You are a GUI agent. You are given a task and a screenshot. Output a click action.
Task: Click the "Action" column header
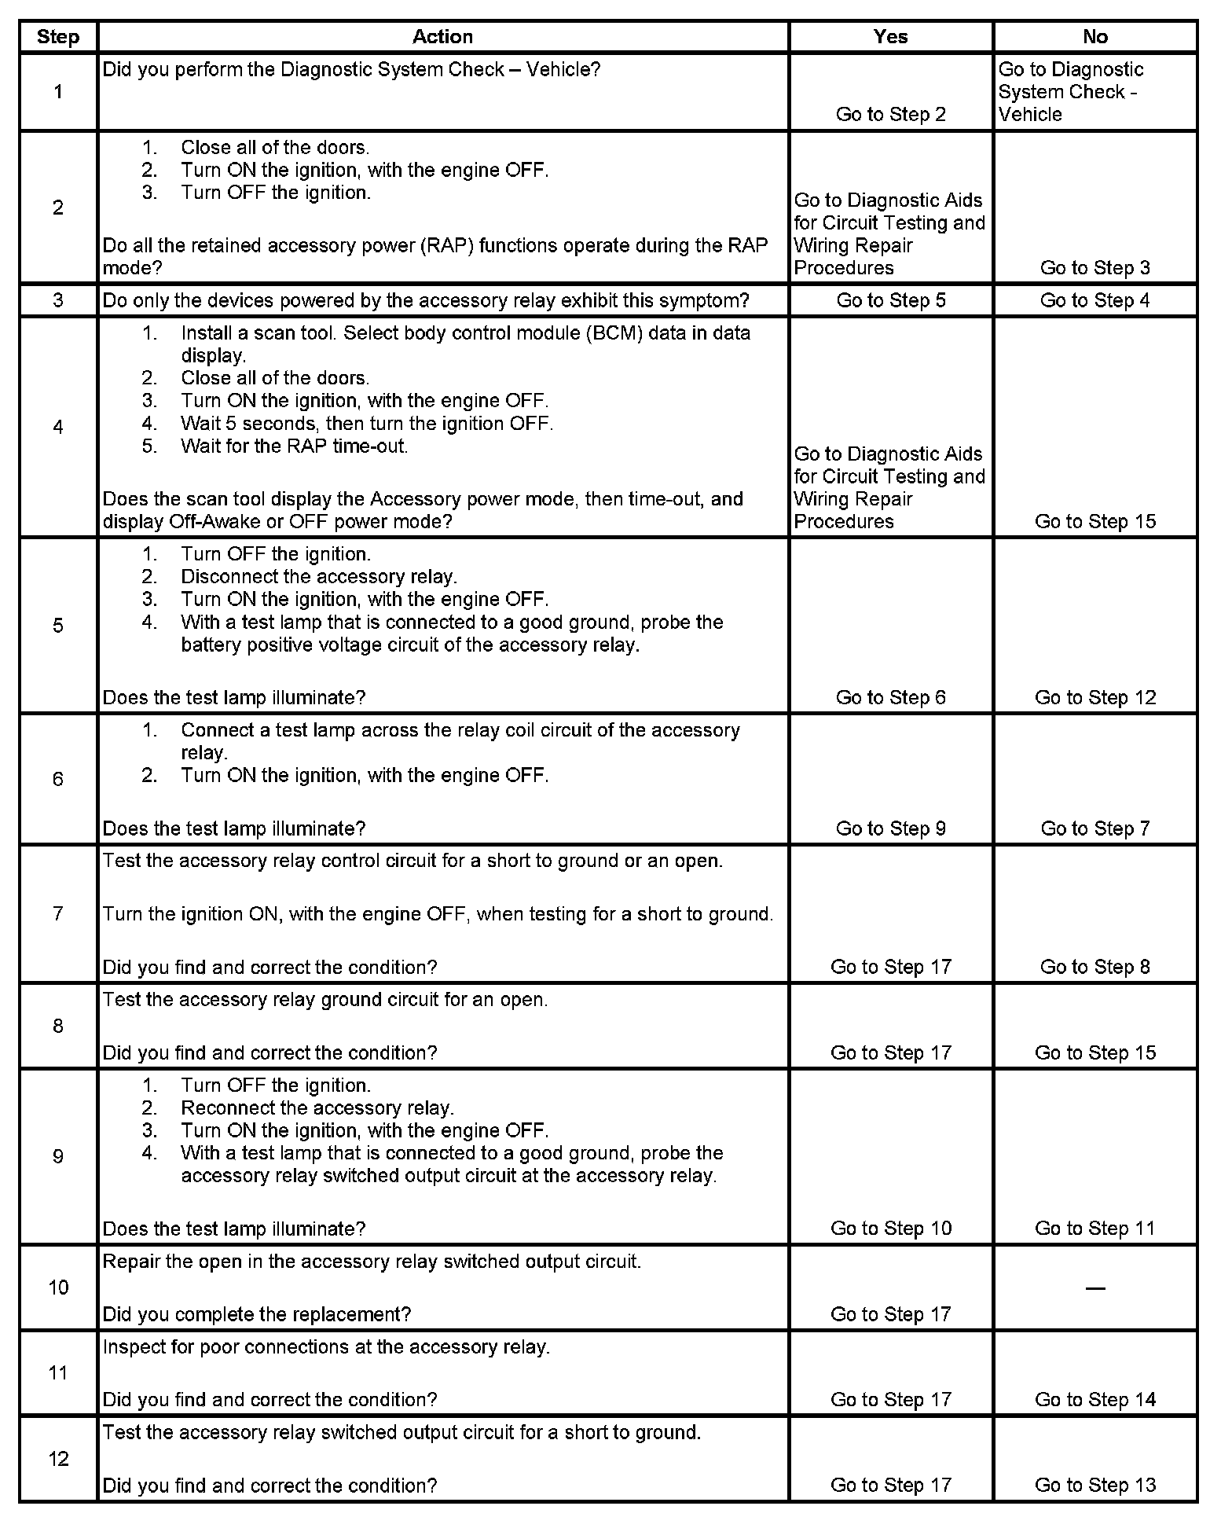442,37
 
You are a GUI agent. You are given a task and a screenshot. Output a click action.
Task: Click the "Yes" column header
890,37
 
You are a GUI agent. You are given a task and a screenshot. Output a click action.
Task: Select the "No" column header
1094,37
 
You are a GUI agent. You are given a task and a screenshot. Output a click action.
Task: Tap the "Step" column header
58,37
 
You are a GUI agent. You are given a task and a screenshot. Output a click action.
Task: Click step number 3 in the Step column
58,300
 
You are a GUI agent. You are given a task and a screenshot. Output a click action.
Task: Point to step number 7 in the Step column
58,913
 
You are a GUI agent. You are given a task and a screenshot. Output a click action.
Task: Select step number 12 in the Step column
58,1459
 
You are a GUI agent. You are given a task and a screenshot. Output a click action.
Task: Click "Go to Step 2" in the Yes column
890,115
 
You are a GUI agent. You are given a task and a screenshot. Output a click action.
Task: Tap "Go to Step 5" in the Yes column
890,300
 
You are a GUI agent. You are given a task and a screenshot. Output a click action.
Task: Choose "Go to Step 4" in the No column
1094,300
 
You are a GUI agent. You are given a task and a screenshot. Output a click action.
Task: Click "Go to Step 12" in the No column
1094,697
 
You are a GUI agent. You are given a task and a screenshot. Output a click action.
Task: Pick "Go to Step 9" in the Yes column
890,828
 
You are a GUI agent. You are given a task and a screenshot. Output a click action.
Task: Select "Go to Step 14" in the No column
1094,1399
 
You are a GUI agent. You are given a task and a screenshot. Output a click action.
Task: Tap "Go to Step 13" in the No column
1094,1485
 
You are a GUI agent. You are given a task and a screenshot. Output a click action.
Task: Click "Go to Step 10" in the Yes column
890,1229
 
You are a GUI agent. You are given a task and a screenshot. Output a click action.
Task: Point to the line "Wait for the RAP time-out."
294,446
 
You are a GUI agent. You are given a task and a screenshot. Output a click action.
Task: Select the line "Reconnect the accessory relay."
317,1108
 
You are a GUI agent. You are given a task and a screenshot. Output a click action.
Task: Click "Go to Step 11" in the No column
1094,1229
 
